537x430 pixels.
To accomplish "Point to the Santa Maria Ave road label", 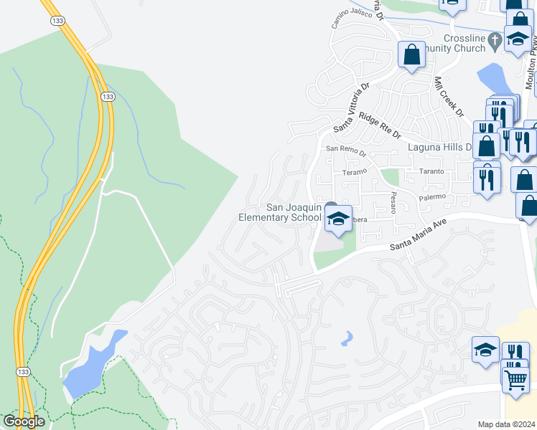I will [x=419, y=234].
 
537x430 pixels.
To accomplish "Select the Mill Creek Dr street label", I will [x=449, y=98].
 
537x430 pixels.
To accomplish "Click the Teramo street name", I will [x=354, y=172].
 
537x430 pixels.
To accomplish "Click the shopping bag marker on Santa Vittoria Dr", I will [x=411, y=54].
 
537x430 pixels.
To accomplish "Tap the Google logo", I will [x=24, y=421].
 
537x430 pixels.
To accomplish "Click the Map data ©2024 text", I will [x=506, y=424].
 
